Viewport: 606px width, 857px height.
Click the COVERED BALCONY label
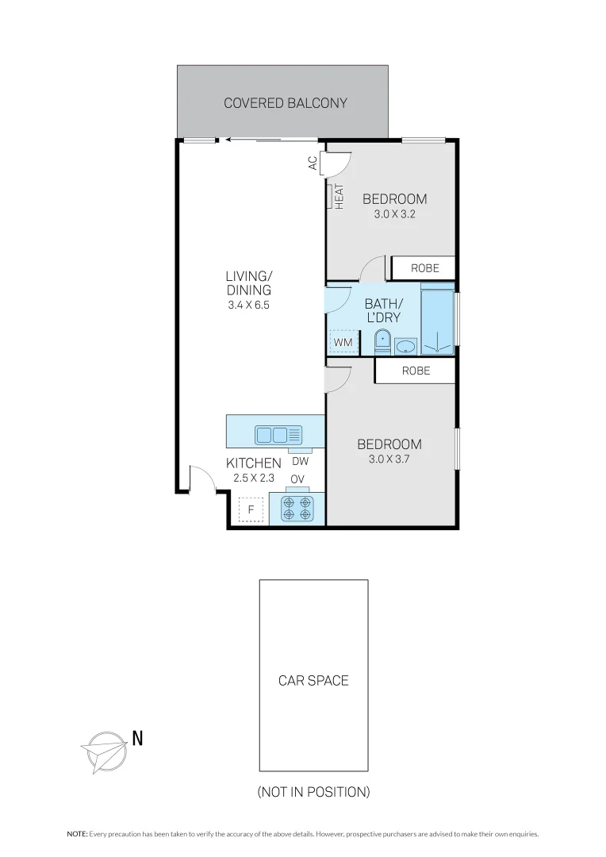[285, 103]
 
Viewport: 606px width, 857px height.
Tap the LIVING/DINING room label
[248, 283]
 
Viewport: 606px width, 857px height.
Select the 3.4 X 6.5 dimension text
[248, 305]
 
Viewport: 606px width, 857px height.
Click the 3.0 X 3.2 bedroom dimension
[394, 214]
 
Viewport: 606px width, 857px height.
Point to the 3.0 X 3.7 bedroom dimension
[389, 459]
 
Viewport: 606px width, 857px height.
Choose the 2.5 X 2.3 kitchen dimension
[253, 478]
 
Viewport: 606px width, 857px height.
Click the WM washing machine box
[343, 342]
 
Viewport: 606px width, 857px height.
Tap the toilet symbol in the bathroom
[382, 343]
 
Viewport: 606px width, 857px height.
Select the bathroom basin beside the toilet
[405, 346]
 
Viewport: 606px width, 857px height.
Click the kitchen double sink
[278, 434]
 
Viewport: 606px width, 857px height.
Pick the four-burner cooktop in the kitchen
[297, 509]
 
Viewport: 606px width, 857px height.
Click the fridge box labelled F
[251, 509]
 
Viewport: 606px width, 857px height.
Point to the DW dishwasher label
[300, 461]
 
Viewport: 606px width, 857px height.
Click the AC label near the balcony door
[313, 163]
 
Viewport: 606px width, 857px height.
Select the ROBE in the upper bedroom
[424, 269]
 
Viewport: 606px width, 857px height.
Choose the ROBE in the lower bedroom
[416, 371]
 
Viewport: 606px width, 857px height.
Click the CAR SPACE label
[313, 680]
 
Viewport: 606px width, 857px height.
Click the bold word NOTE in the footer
[77, 834]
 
